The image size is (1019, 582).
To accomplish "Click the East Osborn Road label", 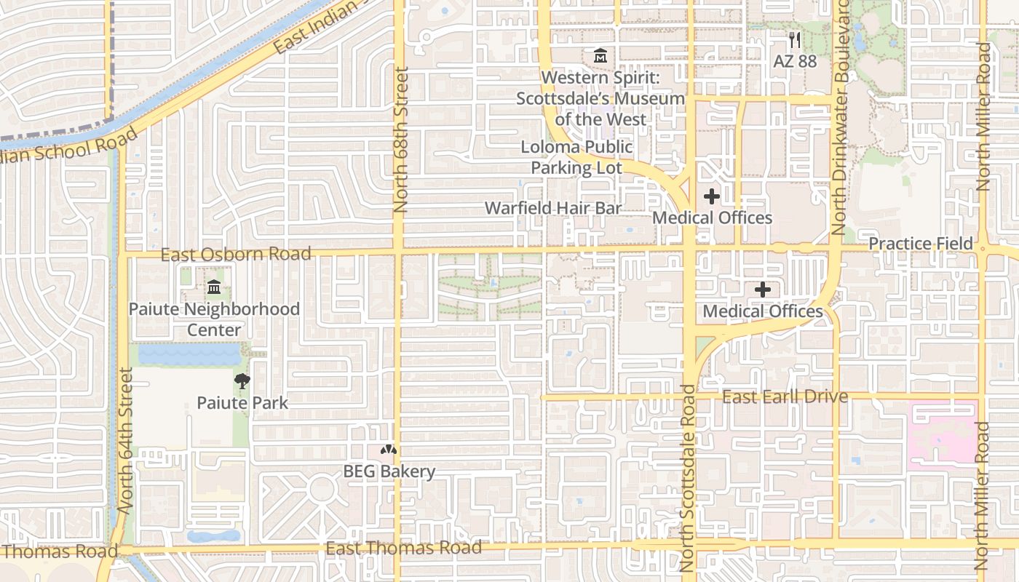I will click(236, 254).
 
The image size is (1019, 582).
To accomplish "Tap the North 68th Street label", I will click(401, 140).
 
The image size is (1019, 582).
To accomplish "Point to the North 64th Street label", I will click(126, 441).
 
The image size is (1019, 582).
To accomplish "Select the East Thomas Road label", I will click(403, 548).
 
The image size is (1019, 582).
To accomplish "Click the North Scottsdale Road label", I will click(689, 477).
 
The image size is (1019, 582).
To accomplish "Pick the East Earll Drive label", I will click(785, 396).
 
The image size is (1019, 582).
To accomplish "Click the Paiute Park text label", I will click(242, 402).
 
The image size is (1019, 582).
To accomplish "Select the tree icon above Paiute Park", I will click(242, 380).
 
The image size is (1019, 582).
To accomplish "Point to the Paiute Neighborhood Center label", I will click(214, 319).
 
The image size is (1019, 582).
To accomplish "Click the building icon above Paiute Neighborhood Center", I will click(214, 288).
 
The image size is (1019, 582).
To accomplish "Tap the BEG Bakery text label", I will click(389, 471).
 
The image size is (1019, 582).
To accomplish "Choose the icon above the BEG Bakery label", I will click(389, 450).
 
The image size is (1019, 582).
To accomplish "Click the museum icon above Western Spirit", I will click(600, 55).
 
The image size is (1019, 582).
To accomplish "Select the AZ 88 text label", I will click(795, 61).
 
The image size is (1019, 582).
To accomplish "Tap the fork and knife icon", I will click(795, 40).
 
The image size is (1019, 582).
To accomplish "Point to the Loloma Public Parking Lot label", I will click(576, 157).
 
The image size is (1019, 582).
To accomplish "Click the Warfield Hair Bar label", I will click(553, 208).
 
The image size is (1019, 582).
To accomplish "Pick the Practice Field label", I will click(921, 243).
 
